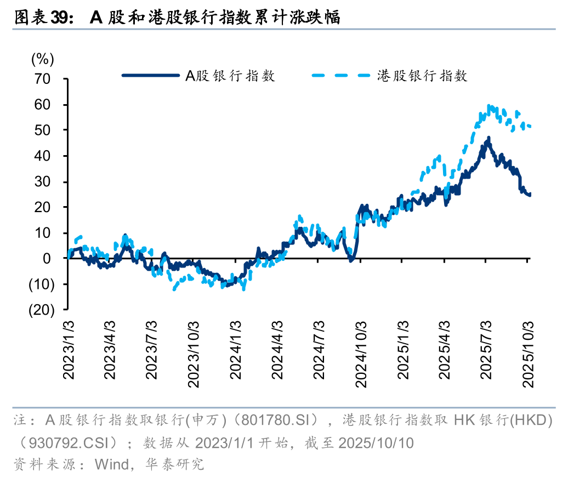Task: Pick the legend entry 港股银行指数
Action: point(422,76)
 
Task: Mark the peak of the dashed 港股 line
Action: point(489,106)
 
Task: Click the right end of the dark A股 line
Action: point(530,195)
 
